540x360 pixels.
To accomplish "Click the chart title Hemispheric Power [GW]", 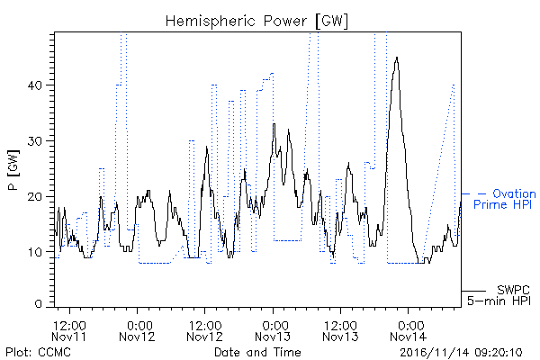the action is pyautogui.click(x=256, y=22).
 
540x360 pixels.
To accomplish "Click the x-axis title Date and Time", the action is pyautogui.click(x=257, y=352).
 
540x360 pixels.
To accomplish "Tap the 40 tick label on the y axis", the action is pyautogui.click(x=35, y=85).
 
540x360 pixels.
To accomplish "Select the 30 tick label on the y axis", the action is pyautogui.click(x=35, y=141).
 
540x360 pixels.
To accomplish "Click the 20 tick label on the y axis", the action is pyautogui.click(x=35, y=197).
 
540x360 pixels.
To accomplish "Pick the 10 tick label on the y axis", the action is pyautogui.click(x=35, y=252).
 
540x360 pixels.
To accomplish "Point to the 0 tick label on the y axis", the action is pyautogui.click(x=39, y=303).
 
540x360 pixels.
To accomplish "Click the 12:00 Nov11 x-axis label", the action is pyautogui.click(x=69, y=330).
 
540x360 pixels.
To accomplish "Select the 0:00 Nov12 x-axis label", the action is pyautogui.click(x=137, y=330).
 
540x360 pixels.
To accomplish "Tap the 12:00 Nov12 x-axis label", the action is pyautogui.click(x=205, y=330).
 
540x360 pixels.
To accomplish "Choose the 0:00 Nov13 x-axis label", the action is pyautogui.click(x=273, y=330).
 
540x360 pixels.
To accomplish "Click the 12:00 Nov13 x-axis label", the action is pyautogui.click(x=340, y=330).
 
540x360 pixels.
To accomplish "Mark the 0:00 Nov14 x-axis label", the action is pyautogui.click(x=409, y=330).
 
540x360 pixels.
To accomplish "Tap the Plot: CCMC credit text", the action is pyautogui.click(x=38, y=352).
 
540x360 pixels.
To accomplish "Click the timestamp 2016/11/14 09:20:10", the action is pyautogui.click(x=461, y=353).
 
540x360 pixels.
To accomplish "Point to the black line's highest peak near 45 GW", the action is pyautogui.click(x=397, y=58).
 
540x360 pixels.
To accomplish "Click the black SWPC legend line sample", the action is pyautogui.click(x=474, y=291).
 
